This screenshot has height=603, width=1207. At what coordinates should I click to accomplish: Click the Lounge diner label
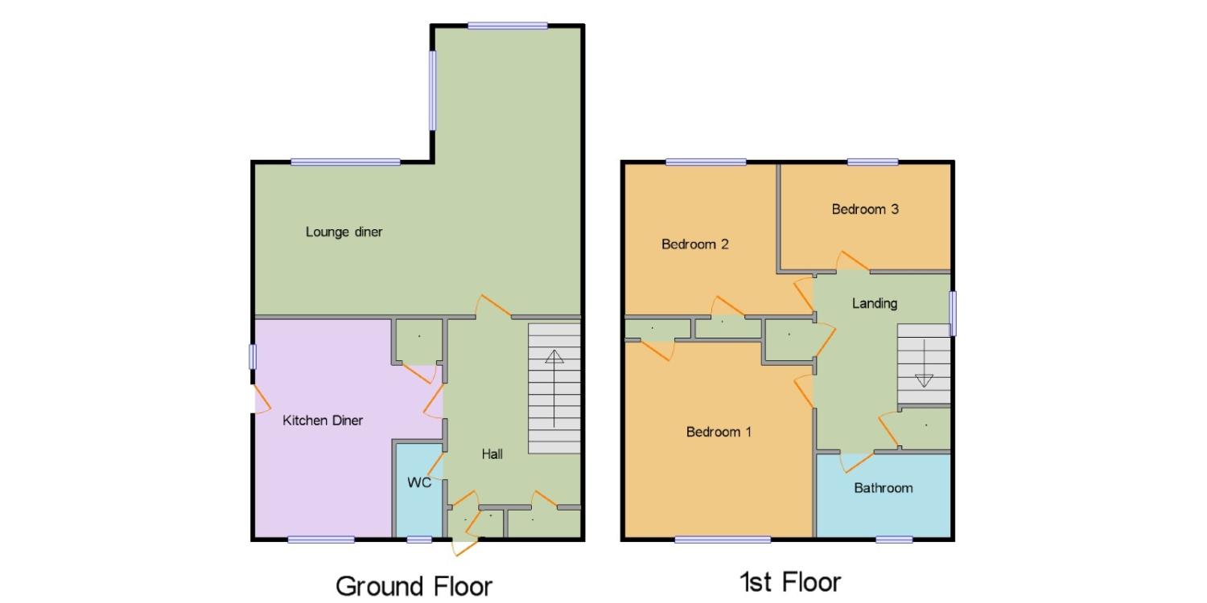coord(344,232)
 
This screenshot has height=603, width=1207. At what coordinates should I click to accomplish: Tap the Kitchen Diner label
coord(323,420)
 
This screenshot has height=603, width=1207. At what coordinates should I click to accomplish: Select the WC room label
coord(419,482)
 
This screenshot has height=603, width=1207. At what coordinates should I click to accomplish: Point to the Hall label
coord(492,454)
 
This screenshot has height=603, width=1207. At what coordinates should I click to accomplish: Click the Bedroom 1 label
coord(719,432)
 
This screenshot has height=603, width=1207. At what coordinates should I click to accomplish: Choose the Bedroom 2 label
coord(695,244)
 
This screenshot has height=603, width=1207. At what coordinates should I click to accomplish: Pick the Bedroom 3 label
coord(865,209)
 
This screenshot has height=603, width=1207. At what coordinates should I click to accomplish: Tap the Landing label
coord(875,304)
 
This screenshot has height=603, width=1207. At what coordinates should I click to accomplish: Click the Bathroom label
coord(884,488)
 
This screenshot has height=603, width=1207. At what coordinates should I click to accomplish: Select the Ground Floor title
coord(414,586)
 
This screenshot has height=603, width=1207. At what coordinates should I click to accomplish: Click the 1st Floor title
coord(790,582)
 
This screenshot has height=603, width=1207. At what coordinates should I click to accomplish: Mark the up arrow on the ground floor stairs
coord(554,388)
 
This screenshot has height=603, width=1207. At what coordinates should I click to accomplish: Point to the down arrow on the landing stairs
coord(924,363)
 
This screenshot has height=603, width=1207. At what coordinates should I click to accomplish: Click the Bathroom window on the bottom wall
coord(894,539)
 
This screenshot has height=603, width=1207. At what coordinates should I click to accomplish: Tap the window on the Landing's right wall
coord(954,314)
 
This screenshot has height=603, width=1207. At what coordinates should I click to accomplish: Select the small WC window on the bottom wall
coord(419,539)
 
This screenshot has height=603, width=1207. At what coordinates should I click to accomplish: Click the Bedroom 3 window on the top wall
coord(873,162)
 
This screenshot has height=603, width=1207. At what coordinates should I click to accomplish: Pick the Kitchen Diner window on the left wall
coord(253,356)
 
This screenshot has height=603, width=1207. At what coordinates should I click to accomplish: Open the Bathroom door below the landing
coord(857,462)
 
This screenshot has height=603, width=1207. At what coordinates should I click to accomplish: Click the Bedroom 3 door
coord(852,261)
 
